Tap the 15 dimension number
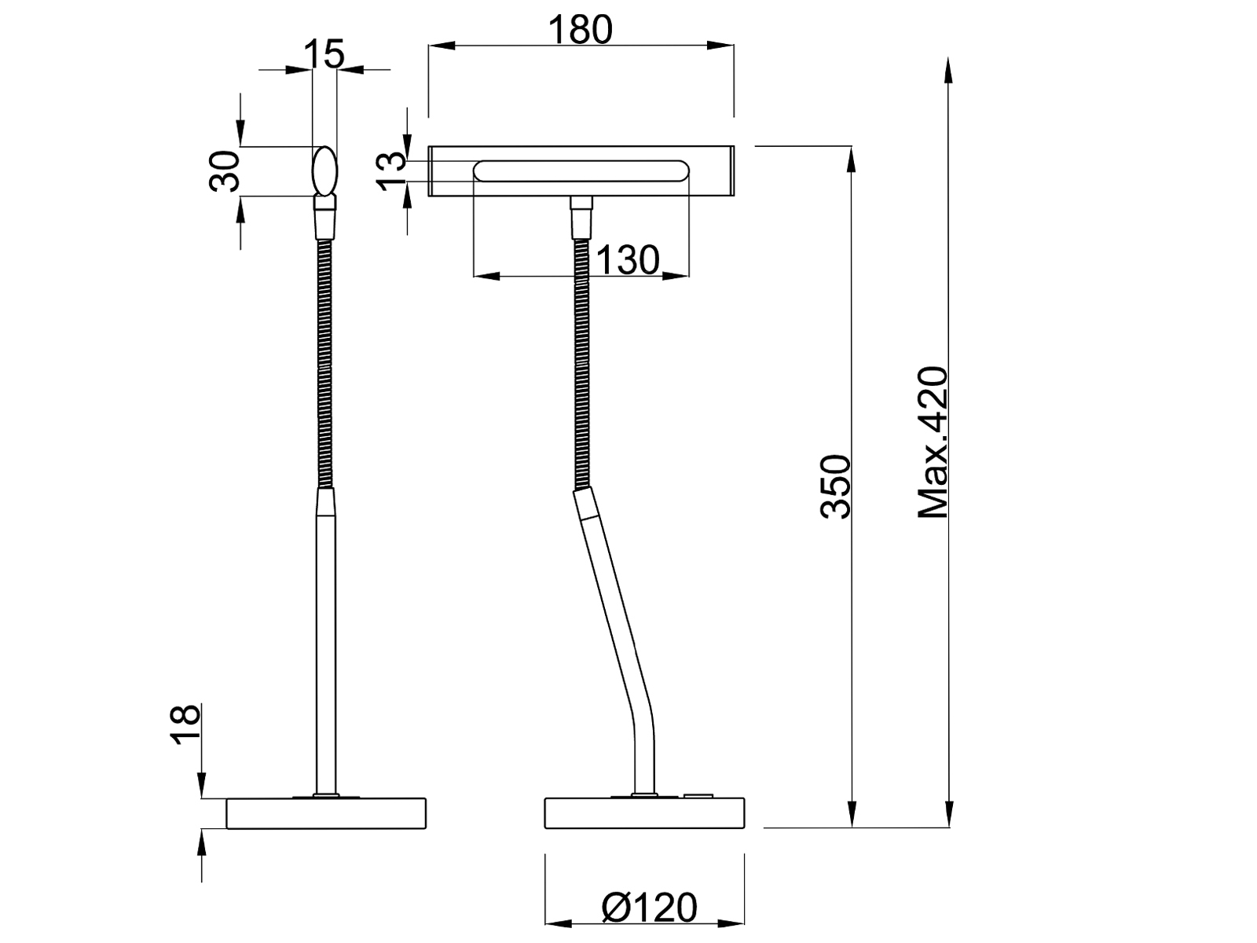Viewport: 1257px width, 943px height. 324,54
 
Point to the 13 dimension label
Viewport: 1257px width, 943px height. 391,171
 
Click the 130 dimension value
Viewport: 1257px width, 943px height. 628,260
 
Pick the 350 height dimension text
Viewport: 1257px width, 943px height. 836,487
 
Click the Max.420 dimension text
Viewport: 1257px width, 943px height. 933,442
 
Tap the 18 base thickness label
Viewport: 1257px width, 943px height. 185,724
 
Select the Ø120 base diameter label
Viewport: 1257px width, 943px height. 650,907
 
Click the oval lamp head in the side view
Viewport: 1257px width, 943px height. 324,171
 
